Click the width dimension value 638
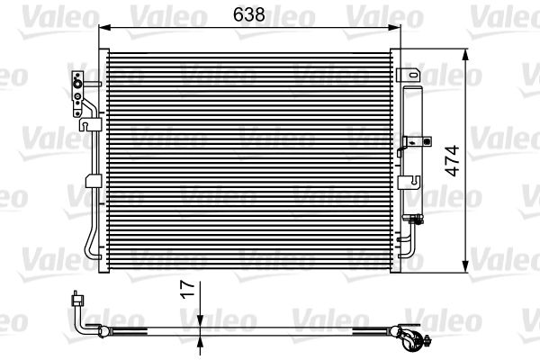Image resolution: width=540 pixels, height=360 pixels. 250,15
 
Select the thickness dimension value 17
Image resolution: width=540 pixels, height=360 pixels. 186,291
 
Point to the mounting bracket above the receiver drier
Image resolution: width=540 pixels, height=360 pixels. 409,73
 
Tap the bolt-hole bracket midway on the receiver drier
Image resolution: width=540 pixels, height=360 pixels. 415,140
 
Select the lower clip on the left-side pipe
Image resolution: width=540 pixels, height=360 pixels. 91,183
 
